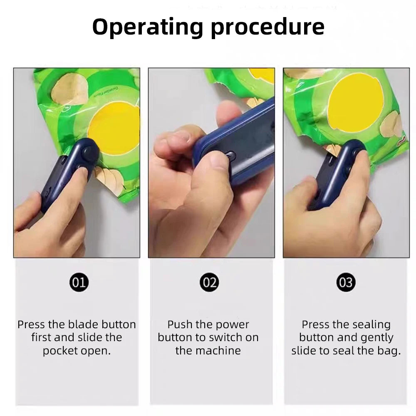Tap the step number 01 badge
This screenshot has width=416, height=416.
pyautogui.click(x=79, y=282)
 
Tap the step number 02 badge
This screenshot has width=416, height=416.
pyautogui.click(x=209, y=282)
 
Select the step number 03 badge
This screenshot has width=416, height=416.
pyautogui.click(x=346, y=282)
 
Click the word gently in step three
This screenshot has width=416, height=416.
pyautogui.click(x=371, y=337)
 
